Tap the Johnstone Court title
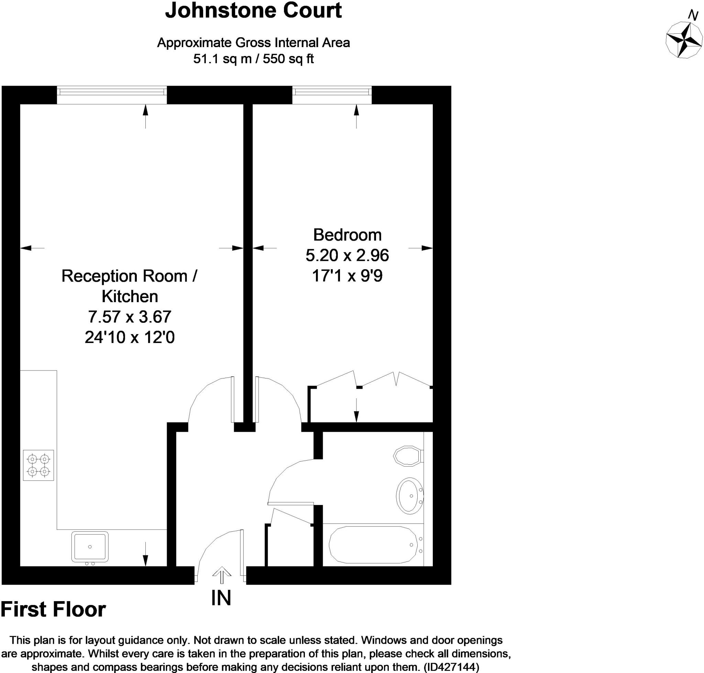253,11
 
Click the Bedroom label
347,235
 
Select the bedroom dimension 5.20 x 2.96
347,255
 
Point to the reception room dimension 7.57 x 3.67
130,317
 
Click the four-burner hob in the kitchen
38,465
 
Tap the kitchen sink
90,546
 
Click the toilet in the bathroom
408,456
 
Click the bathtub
373,544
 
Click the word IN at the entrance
221,598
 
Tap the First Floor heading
53,609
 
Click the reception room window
112,92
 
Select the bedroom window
332,92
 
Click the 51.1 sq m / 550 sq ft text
253,58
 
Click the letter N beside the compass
693,16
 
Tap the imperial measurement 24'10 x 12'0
130,337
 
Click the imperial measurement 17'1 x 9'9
347,276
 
